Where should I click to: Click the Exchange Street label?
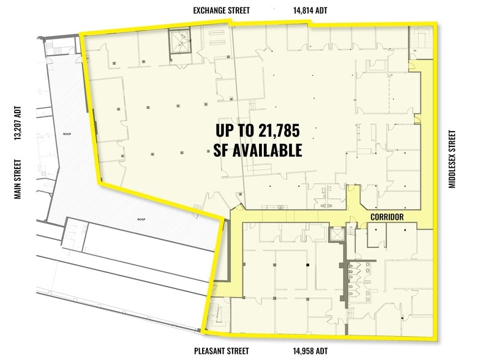pos(221,10)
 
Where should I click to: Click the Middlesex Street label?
pos(452,159)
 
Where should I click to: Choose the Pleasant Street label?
pos(221,351)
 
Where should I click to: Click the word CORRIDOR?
pos(386,217)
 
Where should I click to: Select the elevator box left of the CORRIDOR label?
pos(336,234)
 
